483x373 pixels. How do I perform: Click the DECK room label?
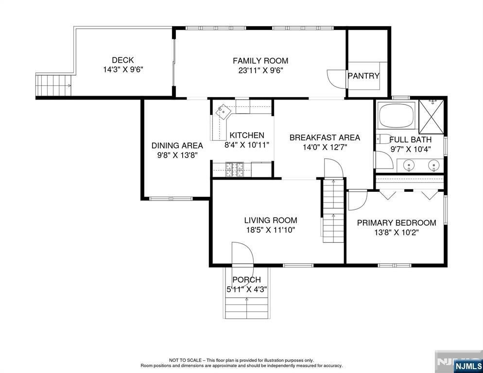tap(122, 60)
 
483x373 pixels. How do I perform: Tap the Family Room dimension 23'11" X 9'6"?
tap(260, 70)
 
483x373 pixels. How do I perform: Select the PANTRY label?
tap(363, 76)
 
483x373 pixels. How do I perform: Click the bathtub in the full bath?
tap(397, 115)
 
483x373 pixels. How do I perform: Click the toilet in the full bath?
tap(382, 139)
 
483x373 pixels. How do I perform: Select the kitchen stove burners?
tap(235, 170)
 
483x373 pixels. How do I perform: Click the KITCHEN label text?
tap(247, 135)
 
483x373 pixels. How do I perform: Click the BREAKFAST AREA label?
tap(325, 137)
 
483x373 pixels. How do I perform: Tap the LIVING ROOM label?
tap(271, 220)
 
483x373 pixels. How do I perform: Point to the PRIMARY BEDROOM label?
tap(397, 223)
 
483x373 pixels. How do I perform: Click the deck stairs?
tap(53, 85)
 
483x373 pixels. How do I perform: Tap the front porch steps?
tap(246, 308)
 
